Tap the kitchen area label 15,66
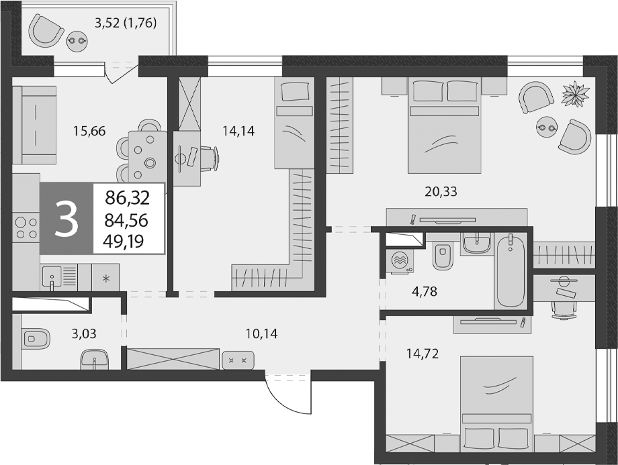89,131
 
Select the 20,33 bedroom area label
441,192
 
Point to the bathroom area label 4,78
424,292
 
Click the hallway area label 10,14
261,334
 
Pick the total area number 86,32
128,198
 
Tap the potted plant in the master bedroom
576,94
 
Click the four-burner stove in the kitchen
26,228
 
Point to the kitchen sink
52,277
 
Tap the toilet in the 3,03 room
36,338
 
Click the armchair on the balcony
46,31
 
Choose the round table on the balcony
77,40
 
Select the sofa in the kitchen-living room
34,125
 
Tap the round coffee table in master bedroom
546,127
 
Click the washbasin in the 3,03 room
95,360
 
